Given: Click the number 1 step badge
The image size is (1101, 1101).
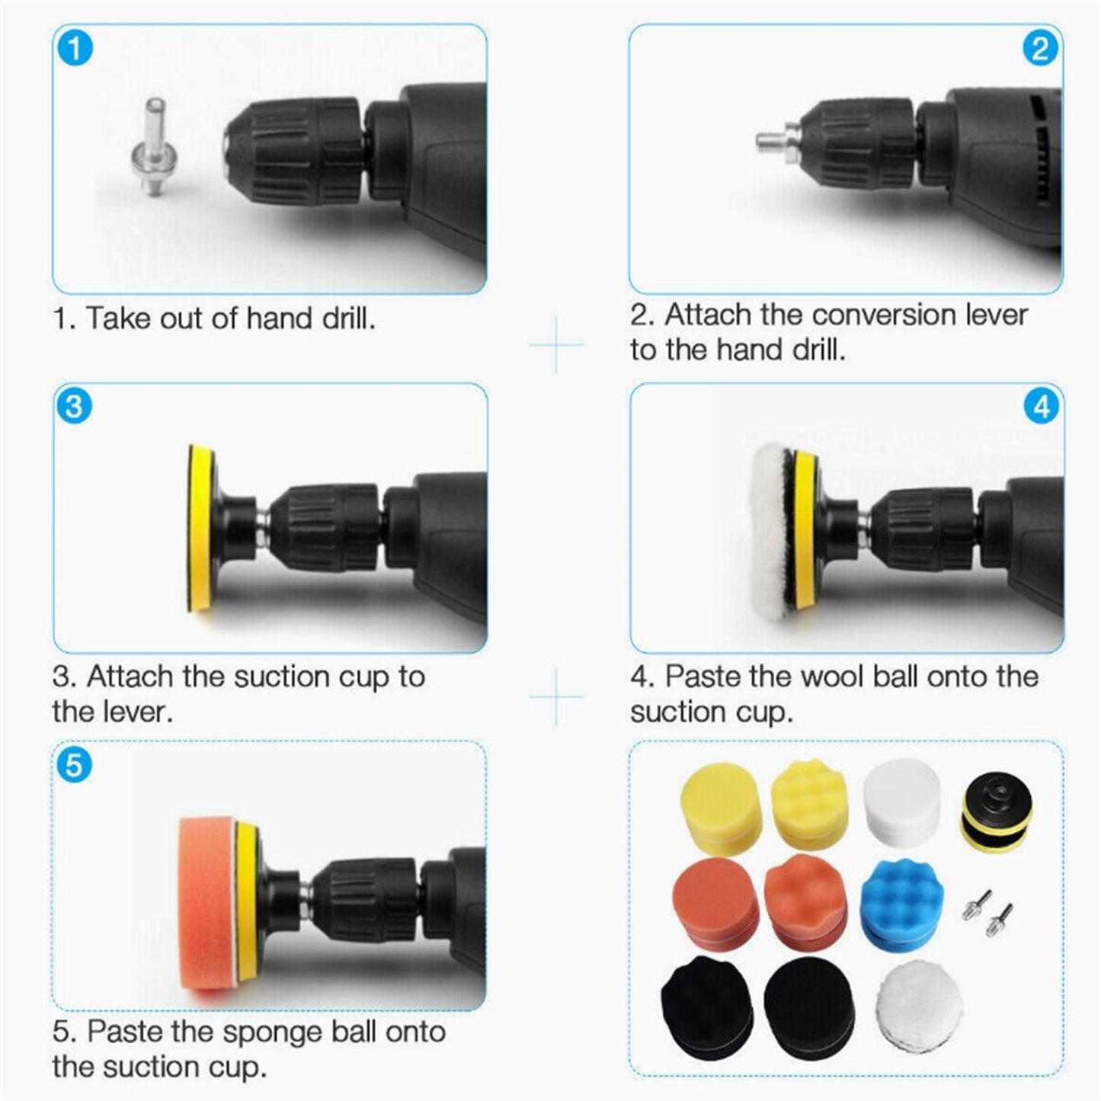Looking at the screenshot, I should tap(75, 49).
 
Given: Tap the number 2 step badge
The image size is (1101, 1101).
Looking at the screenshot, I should tap(1040, 49).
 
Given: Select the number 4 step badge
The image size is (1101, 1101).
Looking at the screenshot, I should tap(1041, 407).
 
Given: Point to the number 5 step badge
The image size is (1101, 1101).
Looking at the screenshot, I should tap(74, 764).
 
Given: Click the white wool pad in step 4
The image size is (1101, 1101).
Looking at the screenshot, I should tap(772, 528).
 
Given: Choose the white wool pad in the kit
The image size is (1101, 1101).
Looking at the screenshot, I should tap(917, 1004).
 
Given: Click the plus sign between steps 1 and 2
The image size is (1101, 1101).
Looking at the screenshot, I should tap(556, 345).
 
